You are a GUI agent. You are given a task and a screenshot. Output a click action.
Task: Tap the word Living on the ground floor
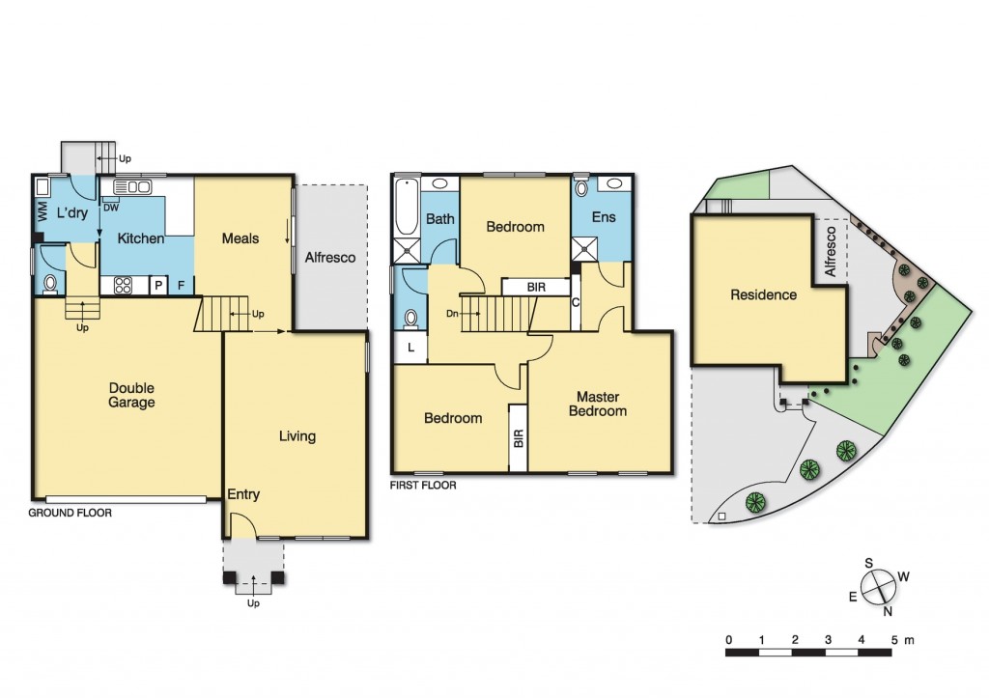pos(297,436)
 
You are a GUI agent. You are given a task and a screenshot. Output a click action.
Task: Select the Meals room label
pos(240,238)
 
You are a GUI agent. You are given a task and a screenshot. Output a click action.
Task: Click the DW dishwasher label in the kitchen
pos(111,208)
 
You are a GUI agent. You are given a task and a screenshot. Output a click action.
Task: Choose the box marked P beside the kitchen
pos(157,286)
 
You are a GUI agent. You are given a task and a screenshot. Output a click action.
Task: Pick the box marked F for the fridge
pos(181,286)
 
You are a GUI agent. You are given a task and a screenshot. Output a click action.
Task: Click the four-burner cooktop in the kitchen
pos(125,285)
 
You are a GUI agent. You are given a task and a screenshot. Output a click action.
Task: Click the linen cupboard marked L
pos(411,348)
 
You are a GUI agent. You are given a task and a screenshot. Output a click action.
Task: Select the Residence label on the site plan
pos(763,294)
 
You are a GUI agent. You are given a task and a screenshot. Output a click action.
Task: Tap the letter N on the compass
pos(888,609)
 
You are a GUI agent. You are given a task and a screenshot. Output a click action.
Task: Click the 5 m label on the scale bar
pos(900,640)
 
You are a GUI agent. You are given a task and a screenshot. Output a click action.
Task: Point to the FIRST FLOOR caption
pos(423,486)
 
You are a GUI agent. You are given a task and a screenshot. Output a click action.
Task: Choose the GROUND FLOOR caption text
pos(70,514)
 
